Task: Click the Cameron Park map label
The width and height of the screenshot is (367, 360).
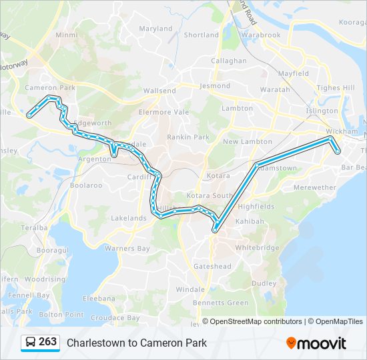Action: pos(50,87)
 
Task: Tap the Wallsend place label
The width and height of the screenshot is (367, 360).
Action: pos(159,91)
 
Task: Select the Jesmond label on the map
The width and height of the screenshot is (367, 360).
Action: pos(215,86)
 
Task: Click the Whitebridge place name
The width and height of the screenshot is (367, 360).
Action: pos(257,247)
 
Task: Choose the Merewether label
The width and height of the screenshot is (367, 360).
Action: pos(314,188)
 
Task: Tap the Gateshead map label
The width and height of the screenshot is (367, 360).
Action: pos(212,266)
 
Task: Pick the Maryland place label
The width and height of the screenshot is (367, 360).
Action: pos(155,29)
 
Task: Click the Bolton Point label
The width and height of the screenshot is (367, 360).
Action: pos(61,314)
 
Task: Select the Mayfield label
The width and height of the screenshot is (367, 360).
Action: pos(293,73)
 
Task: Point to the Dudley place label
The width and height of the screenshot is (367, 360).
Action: pos(264,283)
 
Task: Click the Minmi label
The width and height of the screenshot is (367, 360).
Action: pos(67,35)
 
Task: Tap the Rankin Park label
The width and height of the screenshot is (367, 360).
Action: pos(188,137)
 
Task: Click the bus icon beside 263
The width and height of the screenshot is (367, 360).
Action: pos(30,343)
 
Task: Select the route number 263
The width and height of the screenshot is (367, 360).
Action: pos(47,342)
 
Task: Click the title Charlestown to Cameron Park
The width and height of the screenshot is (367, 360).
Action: pos(137,343)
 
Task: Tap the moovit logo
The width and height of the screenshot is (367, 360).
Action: pos(316,343)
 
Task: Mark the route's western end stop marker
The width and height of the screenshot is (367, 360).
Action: pos(29,115)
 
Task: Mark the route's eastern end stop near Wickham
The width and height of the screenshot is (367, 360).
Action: pos(338,151)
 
